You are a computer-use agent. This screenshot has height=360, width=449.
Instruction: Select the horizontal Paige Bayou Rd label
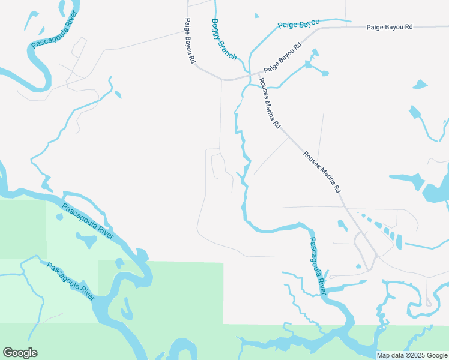(x=390, y=27)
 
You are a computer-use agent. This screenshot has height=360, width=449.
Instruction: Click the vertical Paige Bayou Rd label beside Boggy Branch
(x=190, y=41)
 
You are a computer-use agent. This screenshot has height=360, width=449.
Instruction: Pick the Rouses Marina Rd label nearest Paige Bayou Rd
(x=270, y=104)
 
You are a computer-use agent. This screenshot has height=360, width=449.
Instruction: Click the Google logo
(x=20, y=353)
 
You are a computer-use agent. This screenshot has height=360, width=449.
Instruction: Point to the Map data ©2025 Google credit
(x=411, y=355)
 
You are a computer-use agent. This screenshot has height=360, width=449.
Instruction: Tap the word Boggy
(x=217, y=28)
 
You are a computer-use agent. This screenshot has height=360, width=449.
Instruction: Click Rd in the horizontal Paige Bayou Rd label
(x=409, y=27)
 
